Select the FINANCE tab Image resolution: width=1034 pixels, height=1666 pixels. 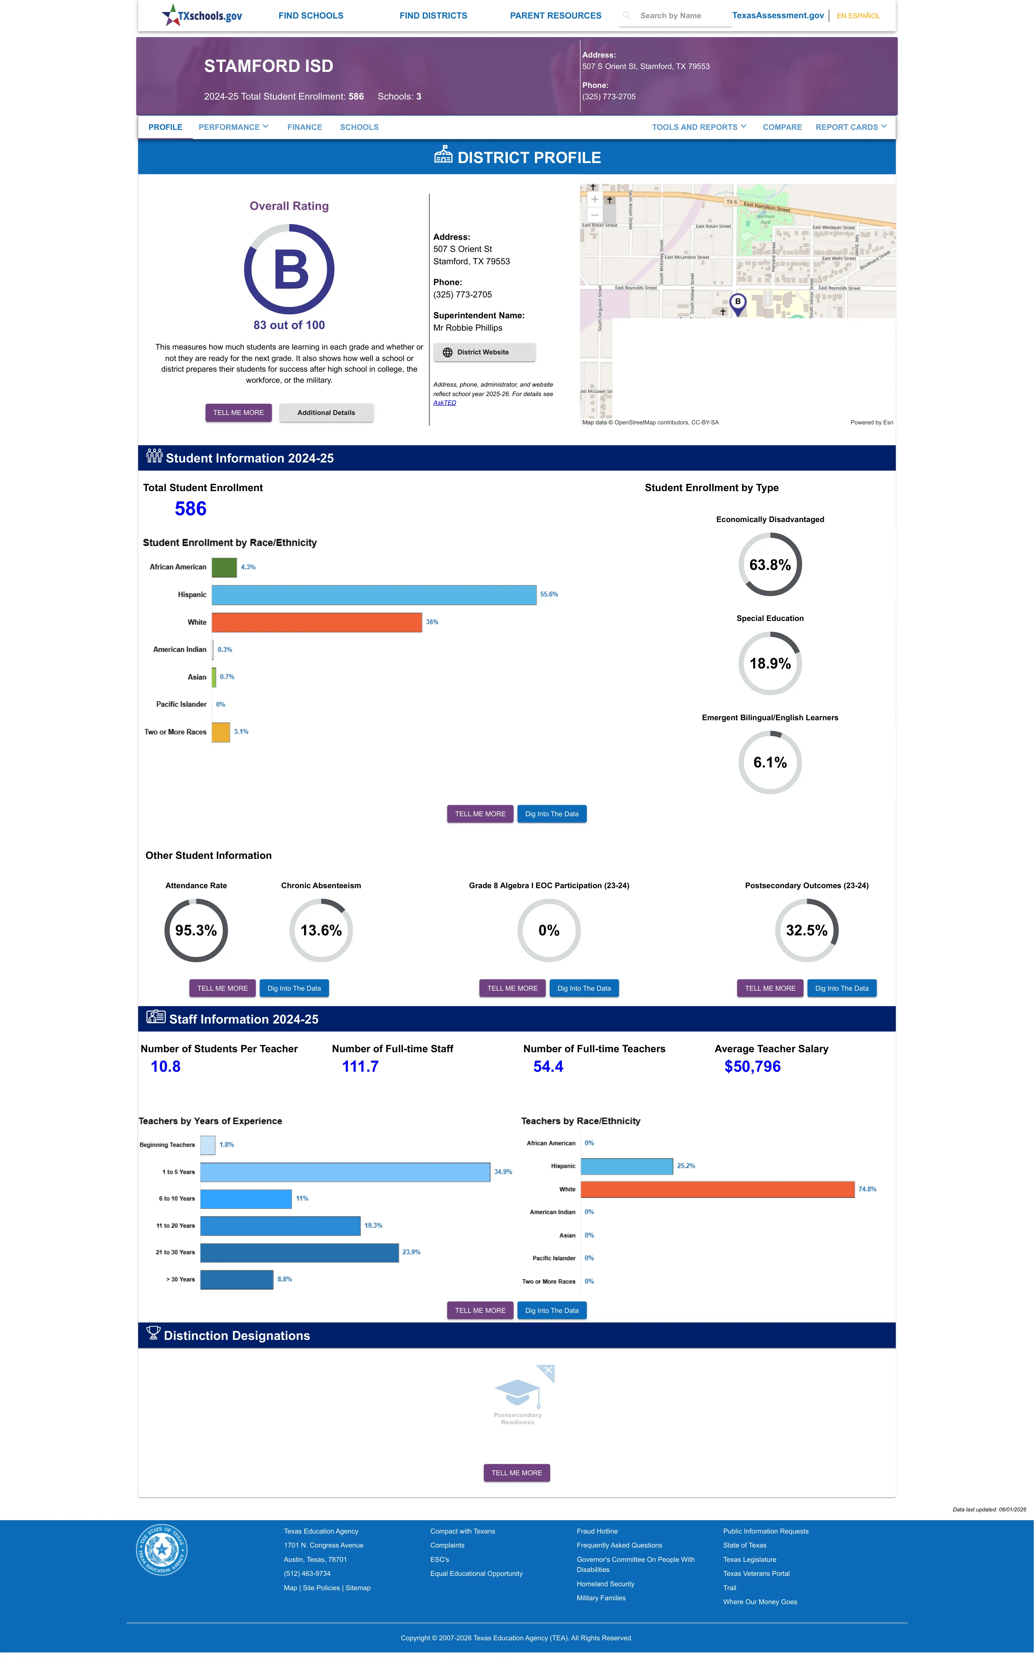click(x=304, y=127)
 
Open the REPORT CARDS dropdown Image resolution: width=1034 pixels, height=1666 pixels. click(x=851, y=127)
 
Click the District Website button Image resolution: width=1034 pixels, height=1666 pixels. click(x=484, y=352)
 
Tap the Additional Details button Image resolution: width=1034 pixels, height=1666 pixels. click(x=326, y=413)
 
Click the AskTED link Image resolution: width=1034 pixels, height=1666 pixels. click(x=445, y=403)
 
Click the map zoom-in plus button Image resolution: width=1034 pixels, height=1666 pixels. click(x=595, y=199)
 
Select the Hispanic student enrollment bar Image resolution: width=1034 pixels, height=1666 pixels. click(x=374, y=595)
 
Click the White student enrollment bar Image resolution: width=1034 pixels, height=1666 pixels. click(x=317, y=622)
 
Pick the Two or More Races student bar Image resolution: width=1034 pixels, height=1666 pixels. click(x=221, y=732)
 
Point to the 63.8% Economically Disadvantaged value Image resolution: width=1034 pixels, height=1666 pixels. click(x=770, y=565)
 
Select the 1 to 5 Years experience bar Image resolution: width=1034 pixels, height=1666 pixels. click(x=345, y=1172)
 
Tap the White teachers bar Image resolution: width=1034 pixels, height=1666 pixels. click(x=717, y=1190)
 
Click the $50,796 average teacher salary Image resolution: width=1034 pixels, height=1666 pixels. click(x=752, y=1067)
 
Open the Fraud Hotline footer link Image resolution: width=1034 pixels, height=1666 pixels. click(x=597, y=1531)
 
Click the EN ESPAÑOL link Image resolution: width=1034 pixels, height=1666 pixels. click(x=858, y=16)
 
